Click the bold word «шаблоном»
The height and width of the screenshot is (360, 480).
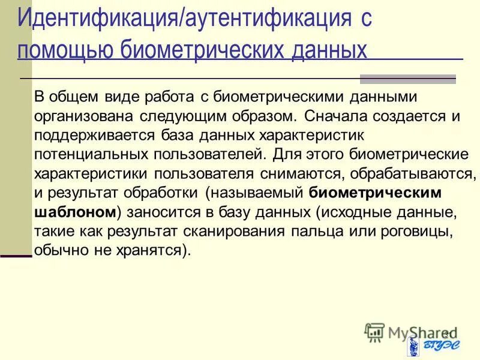click(74, 212)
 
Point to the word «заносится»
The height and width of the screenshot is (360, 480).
click(158, 212)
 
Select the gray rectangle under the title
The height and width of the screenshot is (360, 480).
click(407, 79)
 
